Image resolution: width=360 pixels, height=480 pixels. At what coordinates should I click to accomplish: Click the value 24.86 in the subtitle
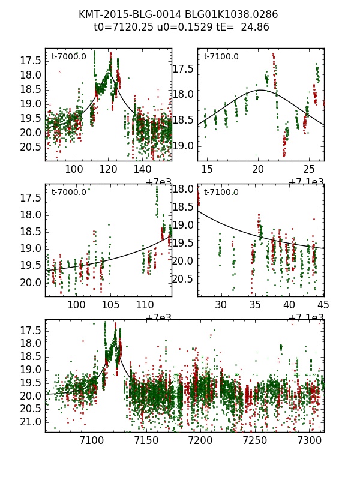pyautogui.click(x=255, y=27)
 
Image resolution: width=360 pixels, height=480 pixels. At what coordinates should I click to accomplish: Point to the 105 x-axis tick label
pyautogui.click(x=111, y=305)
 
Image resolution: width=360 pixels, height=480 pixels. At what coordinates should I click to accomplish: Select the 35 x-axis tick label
pyautogui.click(x=256, y=305)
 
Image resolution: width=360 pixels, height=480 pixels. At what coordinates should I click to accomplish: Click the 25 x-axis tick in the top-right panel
pyautogui.click(x=308, y=170)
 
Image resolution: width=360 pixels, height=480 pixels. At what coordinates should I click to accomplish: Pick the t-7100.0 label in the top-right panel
pyautogui.click(x=221, y=57)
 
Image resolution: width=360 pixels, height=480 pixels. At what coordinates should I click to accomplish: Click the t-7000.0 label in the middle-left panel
pyautogui.click(x=69, y=192)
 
